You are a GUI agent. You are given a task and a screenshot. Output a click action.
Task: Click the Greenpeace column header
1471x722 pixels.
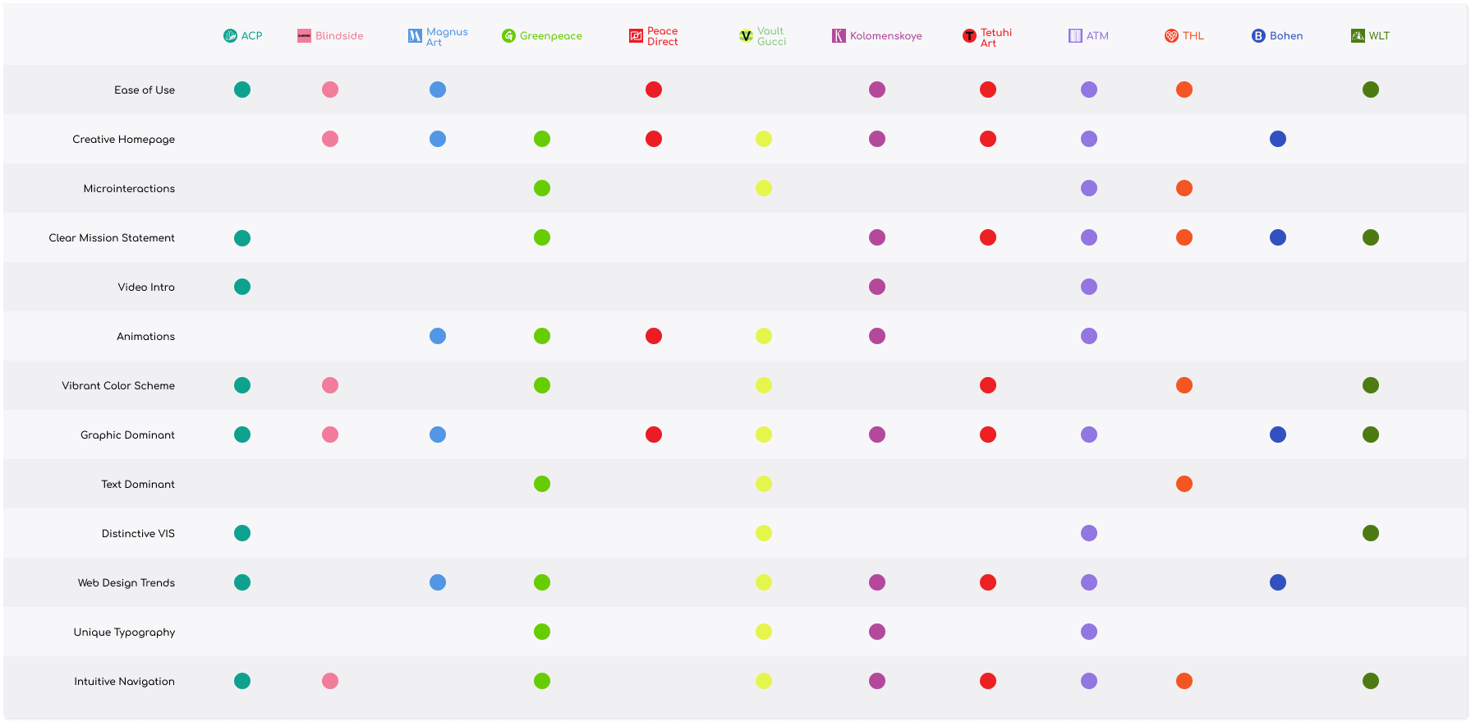coord(542,36)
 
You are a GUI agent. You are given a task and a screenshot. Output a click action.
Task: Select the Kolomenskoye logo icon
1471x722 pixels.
coord(839,36)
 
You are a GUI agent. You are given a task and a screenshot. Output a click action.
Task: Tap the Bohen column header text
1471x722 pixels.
coord(1286,36)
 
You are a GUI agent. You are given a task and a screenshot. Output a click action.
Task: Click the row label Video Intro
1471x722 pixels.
coord(146,287)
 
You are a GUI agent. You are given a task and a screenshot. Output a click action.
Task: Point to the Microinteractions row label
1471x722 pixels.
coord(129,189)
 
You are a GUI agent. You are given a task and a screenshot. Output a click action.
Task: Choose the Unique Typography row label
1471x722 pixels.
coord(124,632)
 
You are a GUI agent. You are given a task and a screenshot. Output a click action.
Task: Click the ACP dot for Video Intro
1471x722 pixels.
coord(242,287)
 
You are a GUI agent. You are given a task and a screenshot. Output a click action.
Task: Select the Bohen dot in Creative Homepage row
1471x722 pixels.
coord(1278,139)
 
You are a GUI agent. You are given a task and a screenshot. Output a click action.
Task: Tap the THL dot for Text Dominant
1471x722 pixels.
coord(1184,484)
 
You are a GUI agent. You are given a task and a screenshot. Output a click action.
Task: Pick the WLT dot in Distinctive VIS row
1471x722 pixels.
coord(1371,533)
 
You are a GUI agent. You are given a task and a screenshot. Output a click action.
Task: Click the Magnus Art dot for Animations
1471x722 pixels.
coord(438,336)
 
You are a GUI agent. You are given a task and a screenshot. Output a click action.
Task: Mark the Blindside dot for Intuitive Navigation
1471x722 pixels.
coord(330,681)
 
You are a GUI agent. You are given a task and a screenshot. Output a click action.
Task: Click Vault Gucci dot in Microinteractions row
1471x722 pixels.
coord(764,188)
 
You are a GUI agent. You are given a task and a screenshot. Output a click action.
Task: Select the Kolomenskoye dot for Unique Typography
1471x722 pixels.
coord(877,632)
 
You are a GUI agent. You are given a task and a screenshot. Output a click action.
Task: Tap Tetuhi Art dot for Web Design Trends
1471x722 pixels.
coord(988,582)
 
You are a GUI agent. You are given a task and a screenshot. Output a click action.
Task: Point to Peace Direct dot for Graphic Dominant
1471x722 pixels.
coord(654,435)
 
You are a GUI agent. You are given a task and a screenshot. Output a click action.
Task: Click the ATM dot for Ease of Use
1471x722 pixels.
coord(1089,90)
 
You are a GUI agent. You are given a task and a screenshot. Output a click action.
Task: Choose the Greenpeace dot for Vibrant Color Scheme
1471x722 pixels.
coord(542,385)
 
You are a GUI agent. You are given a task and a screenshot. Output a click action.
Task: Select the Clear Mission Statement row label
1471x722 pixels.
coord(112,238)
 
